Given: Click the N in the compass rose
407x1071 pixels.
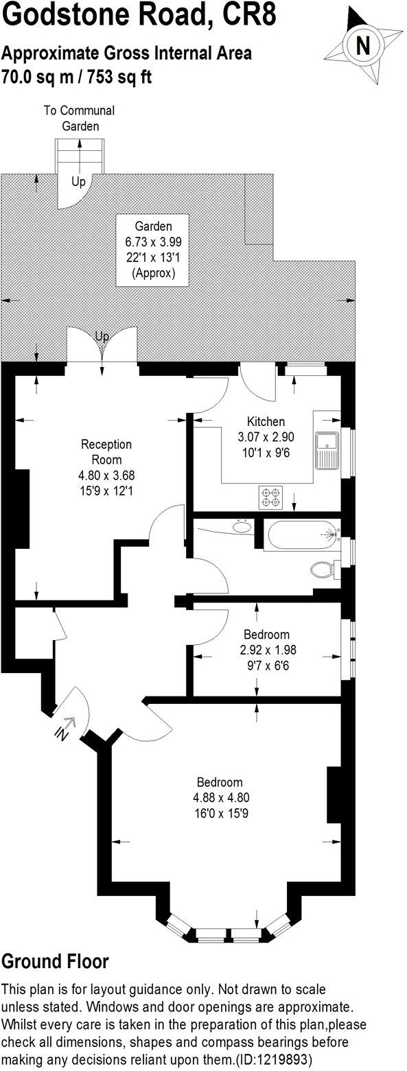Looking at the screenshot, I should click(x=364, y=45).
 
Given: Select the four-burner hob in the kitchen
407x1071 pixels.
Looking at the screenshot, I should click(x=268, y=497).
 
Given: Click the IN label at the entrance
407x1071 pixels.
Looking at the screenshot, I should click(x=62, y=731).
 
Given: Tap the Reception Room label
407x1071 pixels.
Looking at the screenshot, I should click(x=106, y=452).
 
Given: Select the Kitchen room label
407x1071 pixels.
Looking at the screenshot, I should click(x=266, y=421).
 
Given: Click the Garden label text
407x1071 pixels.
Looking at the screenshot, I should click(x=152, y=226).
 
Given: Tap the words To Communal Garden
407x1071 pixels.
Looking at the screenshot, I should click(x=79, y=118).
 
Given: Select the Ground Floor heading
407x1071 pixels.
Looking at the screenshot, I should click(x=55, y=961).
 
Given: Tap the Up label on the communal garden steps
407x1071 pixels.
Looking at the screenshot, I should click(x=78, y=182).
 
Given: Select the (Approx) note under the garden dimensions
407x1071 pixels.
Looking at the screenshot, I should click(x=153, y=272).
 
